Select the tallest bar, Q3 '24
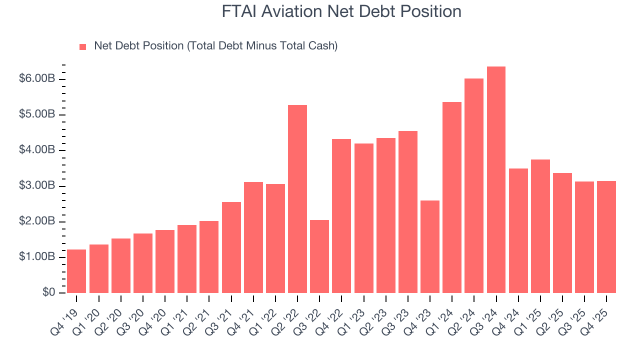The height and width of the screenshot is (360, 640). [x=496, y=180]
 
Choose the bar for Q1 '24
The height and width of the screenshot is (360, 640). [x=452, y=197]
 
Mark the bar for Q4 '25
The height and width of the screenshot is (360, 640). [x=606, y=237]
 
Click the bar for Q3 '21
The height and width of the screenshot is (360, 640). [x=231, y=247]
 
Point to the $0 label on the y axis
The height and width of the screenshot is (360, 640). [x=49, y=292]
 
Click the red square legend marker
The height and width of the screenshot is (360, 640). [x=83, y=46]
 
